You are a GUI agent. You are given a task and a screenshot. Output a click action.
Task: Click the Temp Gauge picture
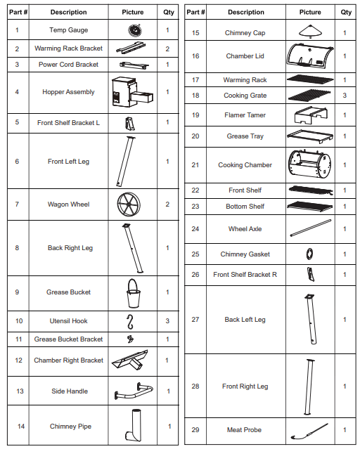tap(135, 30)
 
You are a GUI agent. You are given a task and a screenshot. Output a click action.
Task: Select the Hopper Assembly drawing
tap(132, 92)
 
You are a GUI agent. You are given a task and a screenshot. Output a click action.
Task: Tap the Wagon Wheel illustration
tap(129, 204)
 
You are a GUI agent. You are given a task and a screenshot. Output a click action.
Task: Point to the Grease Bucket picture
tap(134, 293)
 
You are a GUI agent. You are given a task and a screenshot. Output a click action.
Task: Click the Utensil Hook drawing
tap(130, 322)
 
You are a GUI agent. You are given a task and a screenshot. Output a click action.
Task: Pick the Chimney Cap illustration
tap(310, 32)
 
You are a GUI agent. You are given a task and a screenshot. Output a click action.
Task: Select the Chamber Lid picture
tap(310, 56)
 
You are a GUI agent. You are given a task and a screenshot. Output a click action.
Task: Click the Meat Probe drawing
tap(309, 431)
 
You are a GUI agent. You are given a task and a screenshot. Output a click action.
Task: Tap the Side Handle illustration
tap(134, 391)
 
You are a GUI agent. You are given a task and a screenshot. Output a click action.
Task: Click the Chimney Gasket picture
tap(309, 254)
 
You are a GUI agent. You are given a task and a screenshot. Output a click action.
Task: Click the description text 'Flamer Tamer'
tap(245, 115)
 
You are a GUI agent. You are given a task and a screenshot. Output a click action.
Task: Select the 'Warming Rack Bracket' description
tap(68, 48)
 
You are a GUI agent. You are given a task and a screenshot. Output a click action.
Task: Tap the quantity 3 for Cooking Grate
tap(345, 96)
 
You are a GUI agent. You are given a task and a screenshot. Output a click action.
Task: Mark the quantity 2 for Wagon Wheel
tap(167, 204)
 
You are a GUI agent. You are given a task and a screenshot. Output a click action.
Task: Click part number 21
tap(195, 165)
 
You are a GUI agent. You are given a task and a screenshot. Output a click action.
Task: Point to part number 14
tap(21, 427)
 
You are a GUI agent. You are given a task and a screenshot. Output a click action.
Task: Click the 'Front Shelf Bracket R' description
tap(245, 275)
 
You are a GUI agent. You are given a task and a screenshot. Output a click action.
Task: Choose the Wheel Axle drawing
tap(311, 228)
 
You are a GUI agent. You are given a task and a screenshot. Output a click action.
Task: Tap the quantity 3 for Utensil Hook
tap(167, 321)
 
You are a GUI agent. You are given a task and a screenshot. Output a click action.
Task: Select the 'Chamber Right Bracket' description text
tap(68, 360)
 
